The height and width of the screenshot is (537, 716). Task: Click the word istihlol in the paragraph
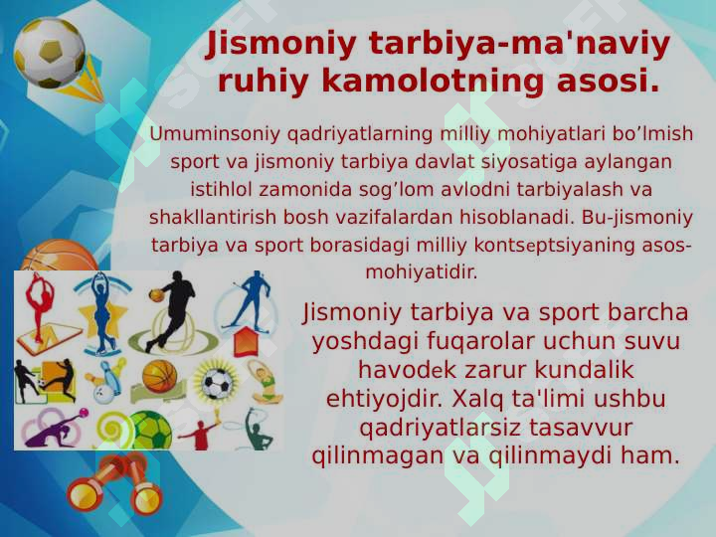[x=225, y=189]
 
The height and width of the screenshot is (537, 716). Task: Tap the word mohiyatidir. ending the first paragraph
[x=422, y=271]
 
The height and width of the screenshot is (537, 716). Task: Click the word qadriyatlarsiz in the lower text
[x=447, y=428]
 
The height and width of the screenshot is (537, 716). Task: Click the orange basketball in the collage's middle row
[x=159, y=376]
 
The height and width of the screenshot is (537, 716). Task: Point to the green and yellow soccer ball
[x=149, y=431]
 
